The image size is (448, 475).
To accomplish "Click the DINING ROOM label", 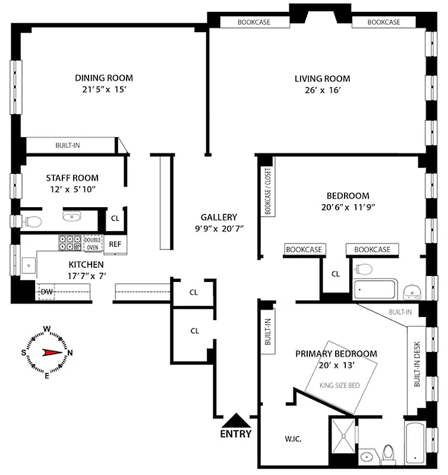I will click(104, 78).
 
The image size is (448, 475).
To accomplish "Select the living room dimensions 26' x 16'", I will click(323, 90).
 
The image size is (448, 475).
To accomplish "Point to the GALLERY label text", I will click(219, 217).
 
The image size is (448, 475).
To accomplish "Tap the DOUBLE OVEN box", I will click(93, 243).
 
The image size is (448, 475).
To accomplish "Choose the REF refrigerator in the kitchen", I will click(115, 243).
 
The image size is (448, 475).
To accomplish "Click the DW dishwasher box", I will click(46, 292).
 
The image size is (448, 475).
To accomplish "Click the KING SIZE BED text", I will click(340, 385).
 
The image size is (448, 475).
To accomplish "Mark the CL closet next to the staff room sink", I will click(115, 218).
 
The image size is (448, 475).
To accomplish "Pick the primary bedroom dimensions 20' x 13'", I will click(336, 366).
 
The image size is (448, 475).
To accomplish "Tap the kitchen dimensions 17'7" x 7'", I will click(87, 275).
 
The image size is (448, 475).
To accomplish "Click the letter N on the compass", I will click(71, 352).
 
